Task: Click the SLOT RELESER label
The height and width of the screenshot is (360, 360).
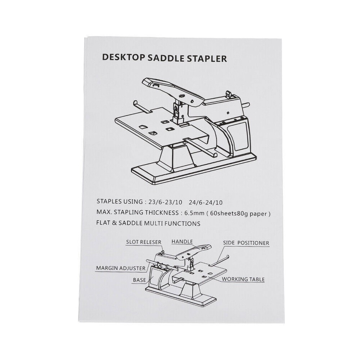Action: [144, 242]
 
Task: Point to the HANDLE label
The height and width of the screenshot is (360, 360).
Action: [182, 242]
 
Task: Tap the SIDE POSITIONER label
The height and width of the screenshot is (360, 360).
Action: [246, 243]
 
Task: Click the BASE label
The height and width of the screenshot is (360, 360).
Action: [139, 280]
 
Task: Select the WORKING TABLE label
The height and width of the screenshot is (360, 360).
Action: [243, 279]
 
